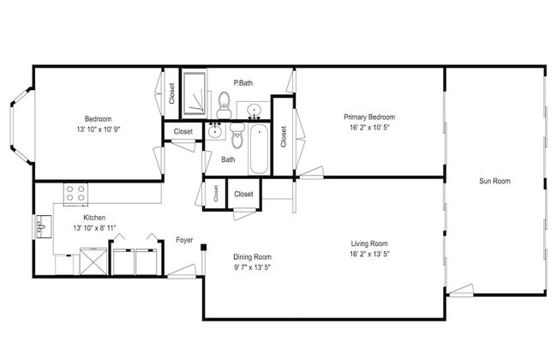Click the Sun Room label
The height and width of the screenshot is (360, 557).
click(x=494, y=181)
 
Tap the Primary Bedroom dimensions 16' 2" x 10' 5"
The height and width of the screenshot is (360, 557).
click(x=369, y=127)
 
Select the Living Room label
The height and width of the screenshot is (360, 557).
click(x=369, y=243)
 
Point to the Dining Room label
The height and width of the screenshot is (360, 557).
click(x=252, y=256)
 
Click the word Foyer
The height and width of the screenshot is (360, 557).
click(x=184, y=240)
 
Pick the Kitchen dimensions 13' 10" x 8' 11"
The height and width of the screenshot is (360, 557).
click(x=94, y=228)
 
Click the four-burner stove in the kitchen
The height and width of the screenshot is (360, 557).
click(x=75, y=194)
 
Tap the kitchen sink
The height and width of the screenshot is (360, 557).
click(x=44, y=226)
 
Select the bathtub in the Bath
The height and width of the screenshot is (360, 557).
click(x=259, y=149)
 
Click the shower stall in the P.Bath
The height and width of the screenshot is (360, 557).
click(x=194, y=93)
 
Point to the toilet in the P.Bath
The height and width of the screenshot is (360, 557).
click(x=224, y=105)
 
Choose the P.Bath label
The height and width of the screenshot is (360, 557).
click(x=243, y=83)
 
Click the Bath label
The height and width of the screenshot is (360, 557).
click(x=228, y=159)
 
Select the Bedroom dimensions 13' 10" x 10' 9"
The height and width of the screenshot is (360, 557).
click(x=99, y=129)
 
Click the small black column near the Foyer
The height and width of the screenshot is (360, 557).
click(x=203, y=248)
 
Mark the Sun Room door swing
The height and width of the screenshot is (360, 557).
click(x=460, y=290)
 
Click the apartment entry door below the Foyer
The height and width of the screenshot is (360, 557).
click(x=182, y=271)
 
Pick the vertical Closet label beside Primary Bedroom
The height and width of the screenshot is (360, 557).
click(x=283, y=136)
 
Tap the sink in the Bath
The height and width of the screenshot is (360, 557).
click(x=215, y=131)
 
